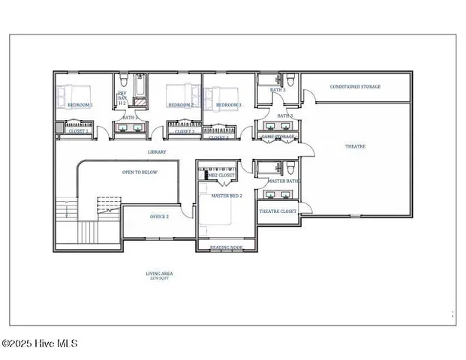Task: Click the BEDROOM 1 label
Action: (x=80, y=105)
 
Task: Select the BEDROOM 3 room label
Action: (x=227, y=105)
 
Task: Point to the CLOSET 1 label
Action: (x=78, y=131)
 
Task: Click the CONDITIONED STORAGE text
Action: (x=356, y=87)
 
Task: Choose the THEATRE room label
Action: (x=355, y=146)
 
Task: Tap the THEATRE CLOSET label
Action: (x=278, y=211)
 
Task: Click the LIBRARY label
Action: (x=156, y=152)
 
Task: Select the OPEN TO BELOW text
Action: (x=140, y=172)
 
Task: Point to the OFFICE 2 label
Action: (x=158, y=216)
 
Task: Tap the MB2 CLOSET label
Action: (x=221, y=175)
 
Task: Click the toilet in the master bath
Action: (x=279, y=168)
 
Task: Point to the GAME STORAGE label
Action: (x=277, y=137)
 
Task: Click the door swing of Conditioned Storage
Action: (x=307, y=96)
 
